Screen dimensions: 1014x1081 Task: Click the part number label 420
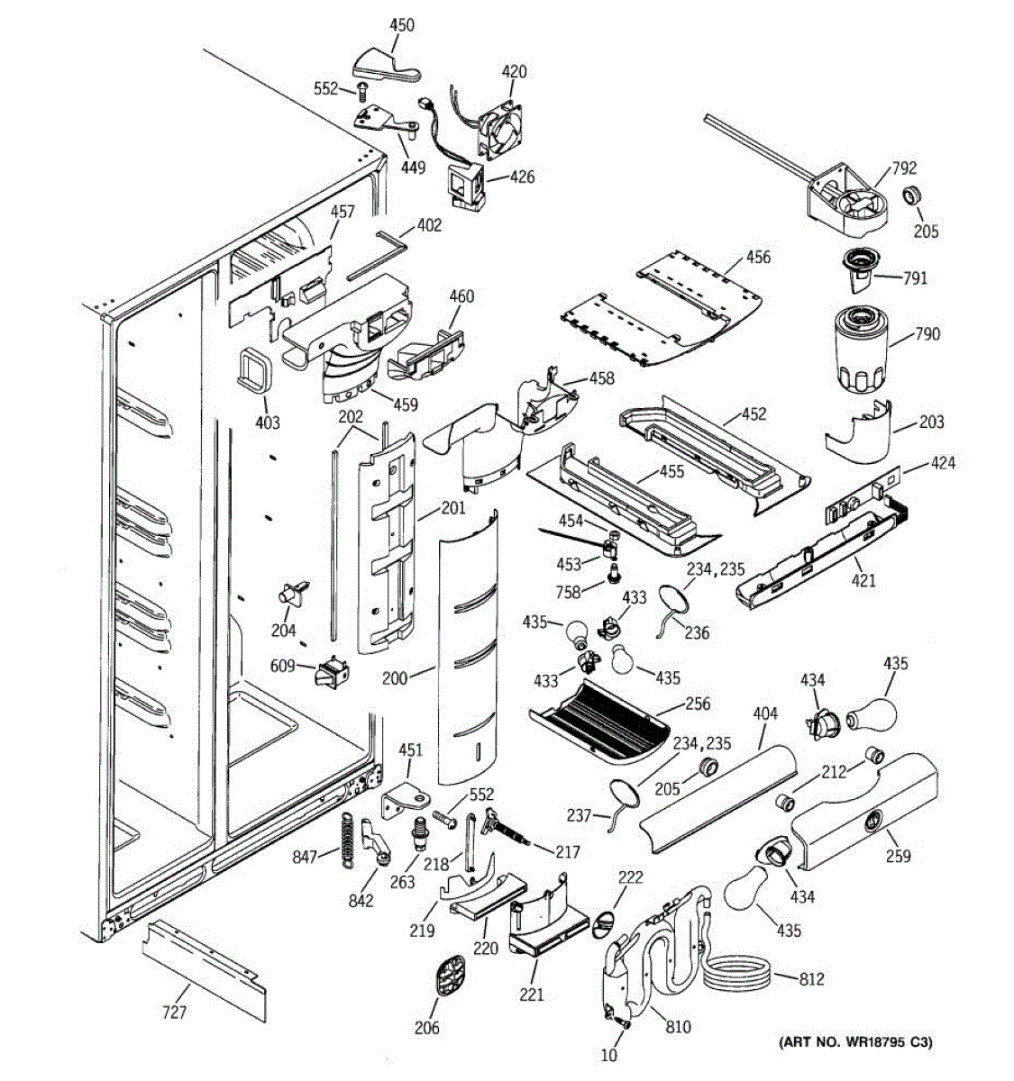point(514,72)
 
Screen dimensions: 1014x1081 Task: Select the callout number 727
point(174,1012)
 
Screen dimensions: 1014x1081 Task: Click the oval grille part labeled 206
point(451,977)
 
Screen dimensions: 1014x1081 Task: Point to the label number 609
point(283,666)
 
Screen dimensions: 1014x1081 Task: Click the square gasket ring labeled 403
point(254,369)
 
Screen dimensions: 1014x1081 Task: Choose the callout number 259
point(898,856)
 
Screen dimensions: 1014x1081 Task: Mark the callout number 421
point(863,580)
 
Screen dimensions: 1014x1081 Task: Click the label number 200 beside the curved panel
point(395,678)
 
